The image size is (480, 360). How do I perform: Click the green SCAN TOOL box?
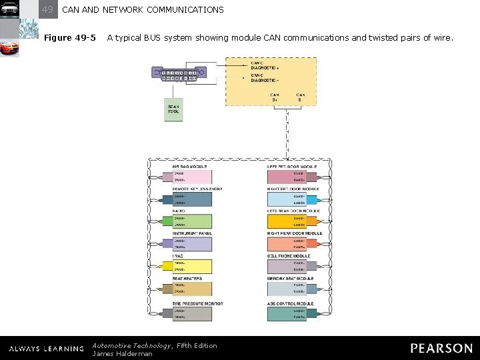point(173,110)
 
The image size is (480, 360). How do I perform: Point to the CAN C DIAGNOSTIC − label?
point(265,78)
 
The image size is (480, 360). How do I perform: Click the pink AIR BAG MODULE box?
point(193,177)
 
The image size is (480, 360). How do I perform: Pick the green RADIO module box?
point(193,221)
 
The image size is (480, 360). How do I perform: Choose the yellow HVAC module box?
point(193,267)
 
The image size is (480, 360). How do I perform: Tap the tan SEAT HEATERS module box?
point(193,289)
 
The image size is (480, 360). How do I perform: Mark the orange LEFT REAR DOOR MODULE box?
point(287,221)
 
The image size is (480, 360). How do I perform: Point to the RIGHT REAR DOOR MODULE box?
point(287,244)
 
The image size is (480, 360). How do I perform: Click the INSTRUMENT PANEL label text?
point(192,233)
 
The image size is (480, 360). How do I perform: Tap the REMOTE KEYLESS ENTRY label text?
point(197,189)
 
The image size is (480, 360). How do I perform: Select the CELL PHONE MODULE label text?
point(289,256)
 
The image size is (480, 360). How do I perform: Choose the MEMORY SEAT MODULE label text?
point(290,279)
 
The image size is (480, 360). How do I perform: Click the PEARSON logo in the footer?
point(441,348)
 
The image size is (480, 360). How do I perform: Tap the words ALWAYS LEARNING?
point(46,349)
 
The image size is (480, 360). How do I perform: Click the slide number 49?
point(47,9)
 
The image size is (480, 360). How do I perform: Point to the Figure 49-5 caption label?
point(69,37)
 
